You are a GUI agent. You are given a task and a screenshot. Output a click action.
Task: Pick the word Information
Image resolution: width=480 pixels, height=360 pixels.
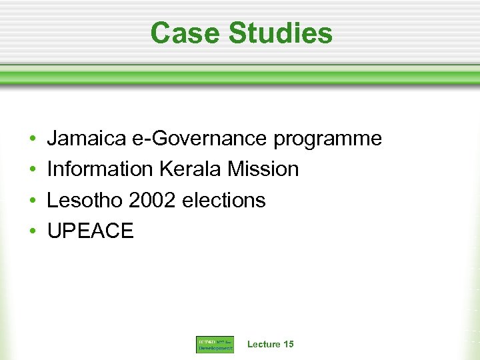[99, 169]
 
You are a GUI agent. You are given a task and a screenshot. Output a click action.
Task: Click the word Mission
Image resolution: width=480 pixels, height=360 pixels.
[263, 169]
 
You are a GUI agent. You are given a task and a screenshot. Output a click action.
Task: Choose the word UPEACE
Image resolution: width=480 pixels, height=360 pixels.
[90, 231]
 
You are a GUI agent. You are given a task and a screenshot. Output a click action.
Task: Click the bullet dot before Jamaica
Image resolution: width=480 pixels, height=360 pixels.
[33, 139]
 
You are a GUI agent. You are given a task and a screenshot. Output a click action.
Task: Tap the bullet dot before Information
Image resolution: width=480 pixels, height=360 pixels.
[33, 170]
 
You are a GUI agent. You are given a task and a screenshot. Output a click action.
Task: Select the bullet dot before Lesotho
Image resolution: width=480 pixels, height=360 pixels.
[33, 201]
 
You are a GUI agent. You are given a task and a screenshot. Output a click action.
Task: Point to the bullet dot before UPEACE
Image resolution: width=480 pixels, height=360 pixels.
[33, 231]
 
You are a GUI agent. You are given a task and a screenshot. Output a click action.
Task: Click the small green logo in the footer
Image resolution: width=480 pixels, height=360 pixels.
[215, 345]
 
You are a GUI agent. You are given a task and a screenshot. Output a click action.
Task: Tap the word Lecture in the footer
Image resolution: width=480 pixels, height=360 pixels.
[263, 344]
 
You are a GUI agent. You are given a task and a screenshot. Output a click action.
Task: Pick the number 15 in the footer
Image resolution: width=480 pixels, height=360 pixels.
[288, 344]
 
